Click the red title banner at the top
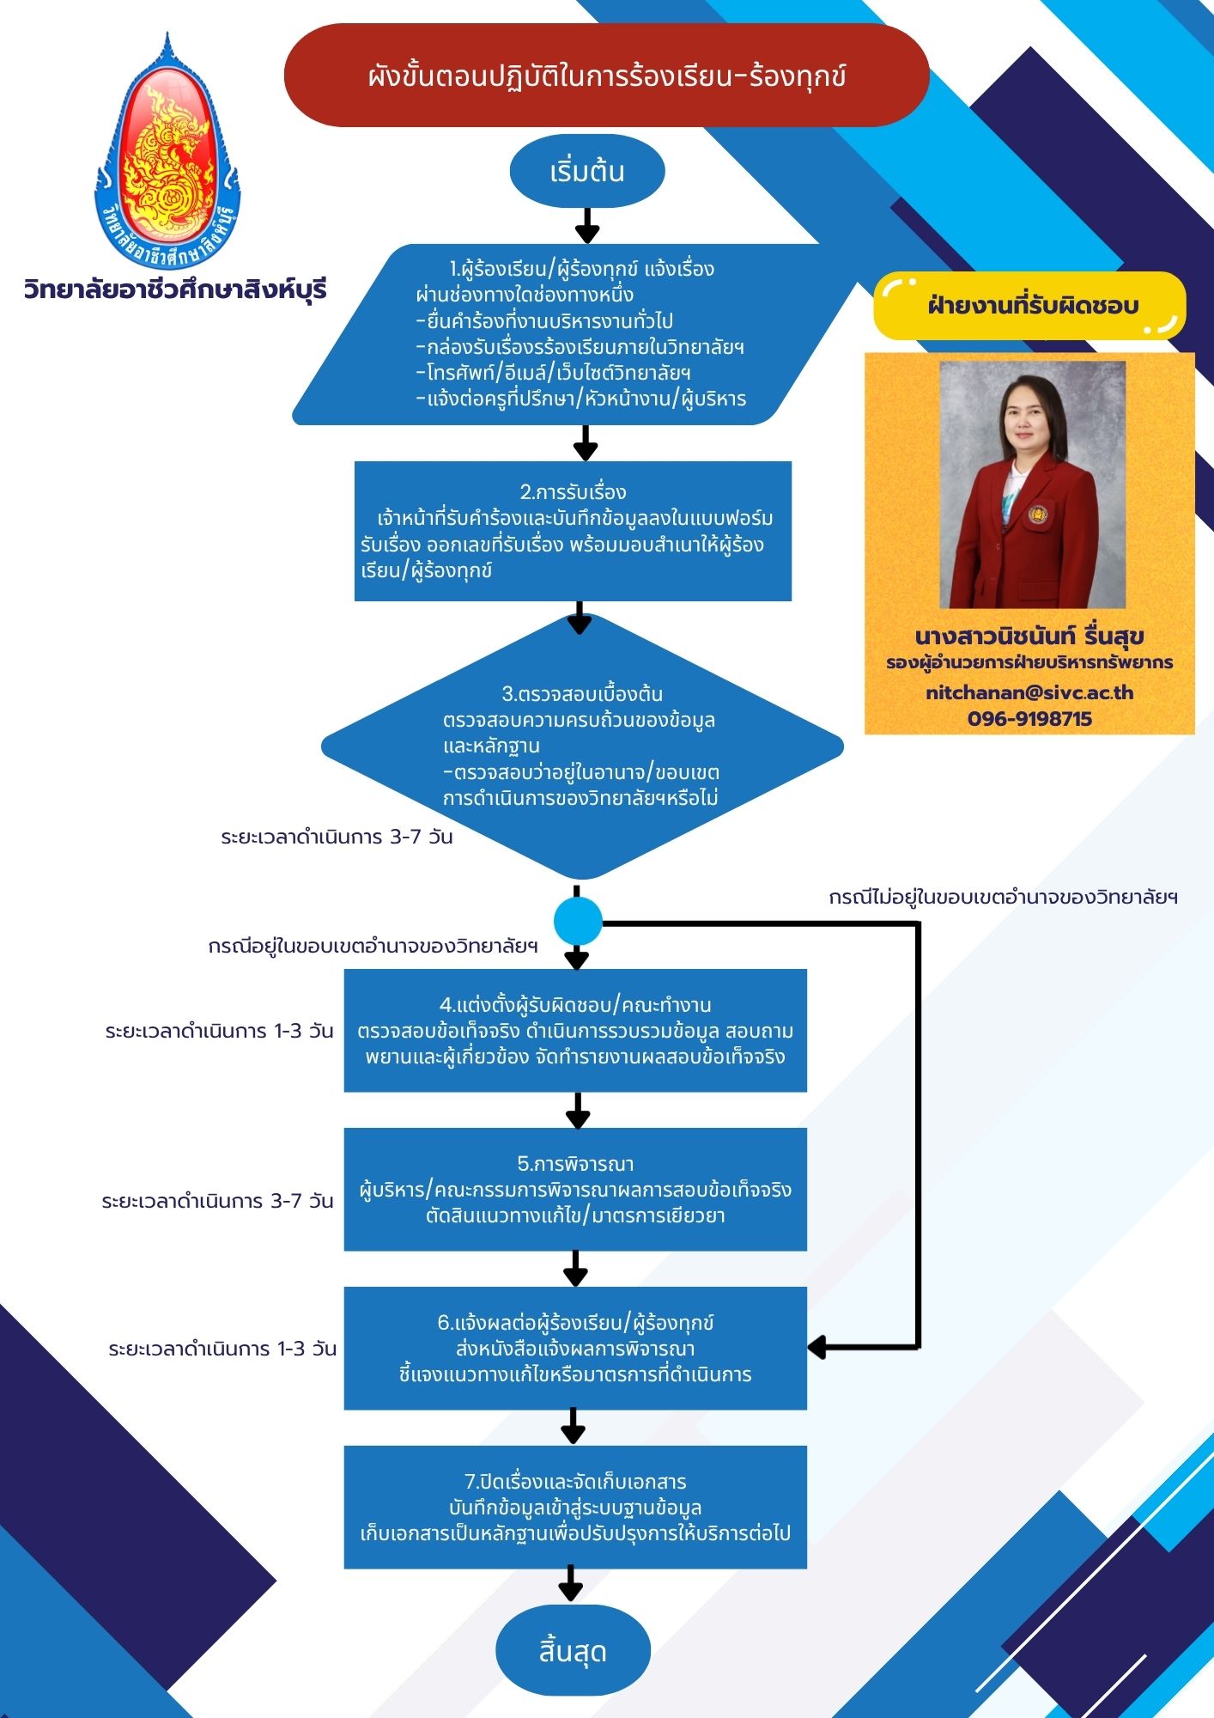pyautogui.click(x=606, y=76)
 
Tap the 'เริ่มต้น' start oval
pyautogui.click(x=587, y=171)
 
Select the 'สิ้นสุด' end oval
pyautogui.click(x=573, y=1651)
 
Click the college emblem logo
pyautogui.click(x=167, y=150)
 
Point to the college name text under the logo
pyautogui.click(x=176, y=289)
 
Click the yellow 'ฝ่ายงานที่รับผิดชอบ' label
pyautogui.click(x=1029, y=305)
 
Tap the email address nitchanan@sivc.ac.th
pyautogui.click(x=1029, y=692)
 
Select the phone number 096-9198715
pyautogui.click(x=1029, y=719)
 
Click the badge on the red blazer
pyautogui.click(x=1038, y=515)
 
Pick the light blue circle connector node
pyautogui.click(x=578, y=922)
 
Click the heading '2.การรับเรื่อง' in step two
pyautogui.click(x=573, y=492)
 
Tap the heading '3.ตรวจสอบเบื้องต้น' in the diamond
pyautogui.click(x=582, y=693)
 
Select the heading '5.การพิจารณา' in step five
pyautogui.click(x=575, y=1164)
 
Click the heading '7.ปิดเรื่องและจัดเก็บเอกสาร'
pyautogui.click(x=575, y=1482)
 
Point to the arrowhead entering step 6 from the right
pyautogui.click(x=816, y=1347)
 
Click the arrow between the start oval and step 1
pyautogui.click(x=587, y=226)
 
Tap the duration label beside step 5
pyautogui.click(x=217, y=1201)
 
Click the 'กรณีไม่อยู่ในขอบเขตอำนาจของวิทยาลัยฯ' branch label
pyautogui.click(x=1003, y=897)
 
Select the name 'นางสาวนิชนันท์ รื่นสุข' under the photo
pyautogui.click(x=1029, y=637)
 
